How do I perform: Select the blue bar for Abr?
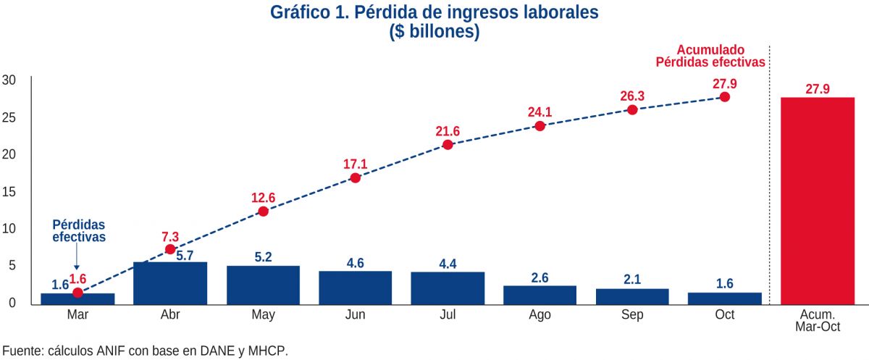point(170,283)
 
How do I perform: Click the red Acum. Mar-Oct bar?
point(817,200)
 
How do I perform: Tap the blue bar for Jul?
point(448,288)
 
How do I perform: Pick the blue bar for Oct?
point(724,298)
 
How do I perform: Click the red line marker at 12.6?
point(263,212)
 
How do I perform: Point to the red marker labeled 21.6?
point(448,145)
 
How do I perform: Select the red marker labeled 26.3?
point(632,110)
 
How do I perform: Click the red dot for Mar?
point(77,293)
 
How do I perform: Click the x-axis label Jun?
point(355,315)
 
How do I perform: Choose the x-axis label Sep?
point(632,315)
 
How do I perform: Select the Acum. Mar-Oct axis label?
point(817,320)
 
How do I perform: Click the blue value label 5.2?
point(263,257)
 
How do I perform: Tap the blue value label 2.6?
point(540,277)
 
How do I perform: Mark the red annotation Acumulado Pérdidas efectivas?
point(710,56)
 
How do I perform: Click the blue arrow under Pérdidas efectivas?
point(77,257)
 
